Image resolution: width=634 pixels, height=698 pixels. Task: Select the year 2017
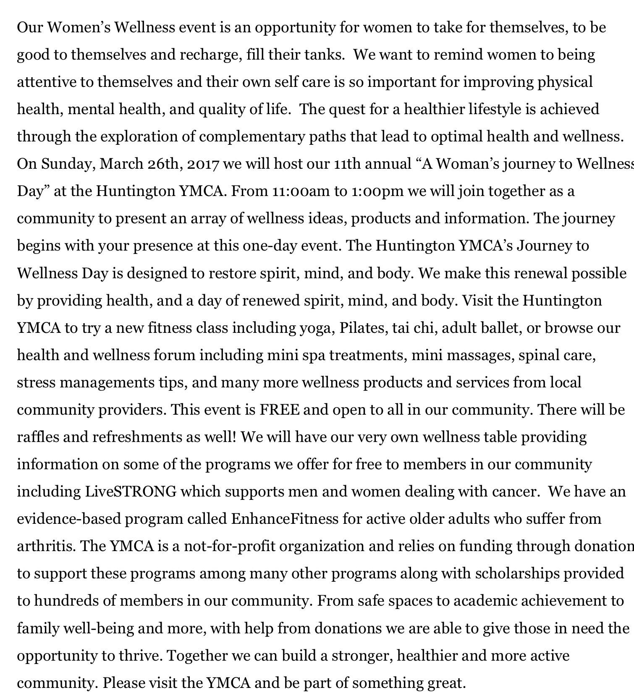(x=203, y=164)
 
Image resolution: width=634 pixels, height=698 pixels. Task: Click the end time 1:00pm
(x=377, y=191)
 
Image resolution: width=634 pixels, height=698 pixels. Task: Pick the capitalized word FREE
(x=280, y=410)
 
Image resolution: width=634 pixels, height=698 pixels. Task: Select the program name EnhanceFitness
(x=285, y=519)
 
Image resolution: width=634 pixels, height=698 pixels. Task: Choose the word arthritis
(x=46, y=546)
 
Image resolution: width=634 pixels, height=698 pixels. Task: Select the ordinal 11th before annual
(x=347, y=164)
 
